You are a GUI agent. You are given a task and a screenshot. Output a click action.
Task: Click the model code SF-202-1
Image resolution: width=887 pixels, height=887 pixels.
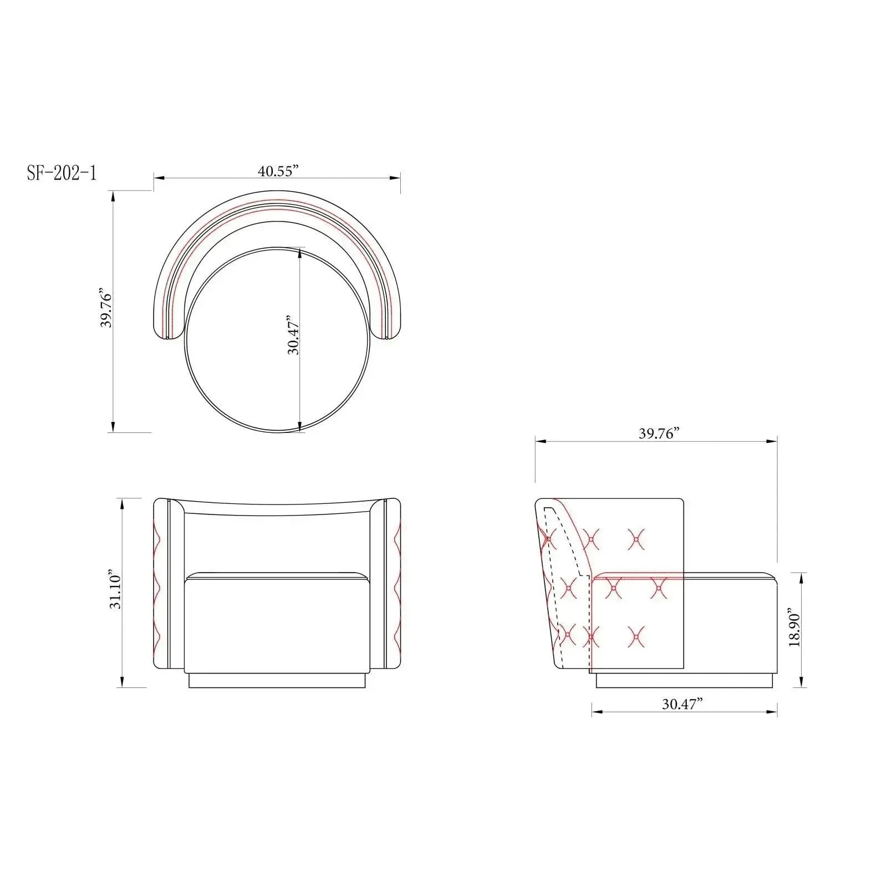pos(62,173)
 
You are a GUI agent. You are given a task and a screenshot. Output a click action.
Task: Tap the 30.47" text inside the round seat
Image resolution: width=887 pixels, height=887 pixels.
pos(293,336)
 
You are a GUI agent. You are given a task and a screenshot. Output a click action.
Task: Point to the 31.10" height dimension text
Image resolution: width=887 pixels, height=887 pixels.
pos(115,588)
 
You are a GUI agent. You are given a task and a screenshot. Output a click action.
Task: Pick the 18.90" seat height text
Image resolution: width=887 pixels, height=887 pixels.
pos(794,630)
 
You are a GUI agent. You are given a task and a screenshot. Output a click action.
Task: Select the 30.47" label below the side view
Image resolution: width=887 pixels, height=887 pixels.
pos(682,704)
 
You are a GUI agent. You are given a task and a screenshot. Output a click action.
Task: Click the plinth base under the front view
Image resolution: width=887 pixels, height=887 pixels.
pos(277,680)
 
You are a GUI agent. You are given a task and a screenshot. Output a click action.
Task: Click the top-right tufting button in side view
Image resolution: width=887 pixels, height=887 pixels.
pos(636,538)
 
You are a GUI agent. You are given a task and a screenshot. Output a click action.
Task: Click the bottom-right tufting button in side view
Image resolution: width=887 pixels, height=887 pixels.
pos(636,637)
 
